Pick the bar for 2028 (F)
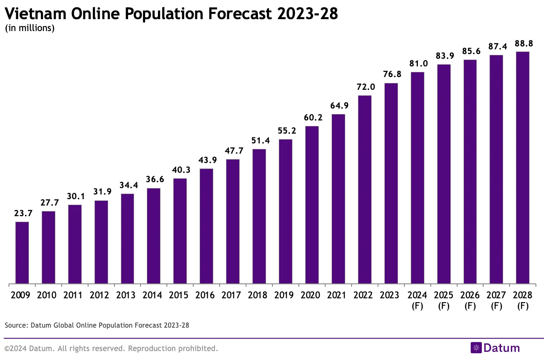click(522, 168)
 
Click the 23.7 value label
click(22, 214)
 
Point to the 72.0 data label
click(364, 87)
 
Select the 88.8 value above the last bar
click(522, 43)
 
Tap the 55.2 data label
click(285, 131)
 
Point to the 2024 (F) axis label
click(417, 300)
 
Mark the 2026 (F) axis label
click(470, 300)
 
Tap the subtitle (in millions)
click(29, 29)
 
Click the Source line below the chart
click(97, 325)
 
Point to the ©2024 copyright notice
click(111, 349)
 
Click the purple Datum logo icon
click(475, 348)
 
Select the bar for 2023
click(391, 183)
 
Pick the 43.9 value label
click(206, 160)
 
